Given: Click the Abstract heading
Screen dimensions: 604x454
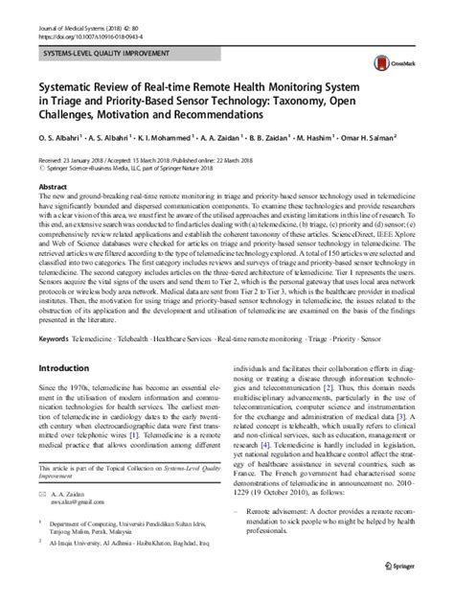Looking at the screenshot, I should [51, 188].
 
